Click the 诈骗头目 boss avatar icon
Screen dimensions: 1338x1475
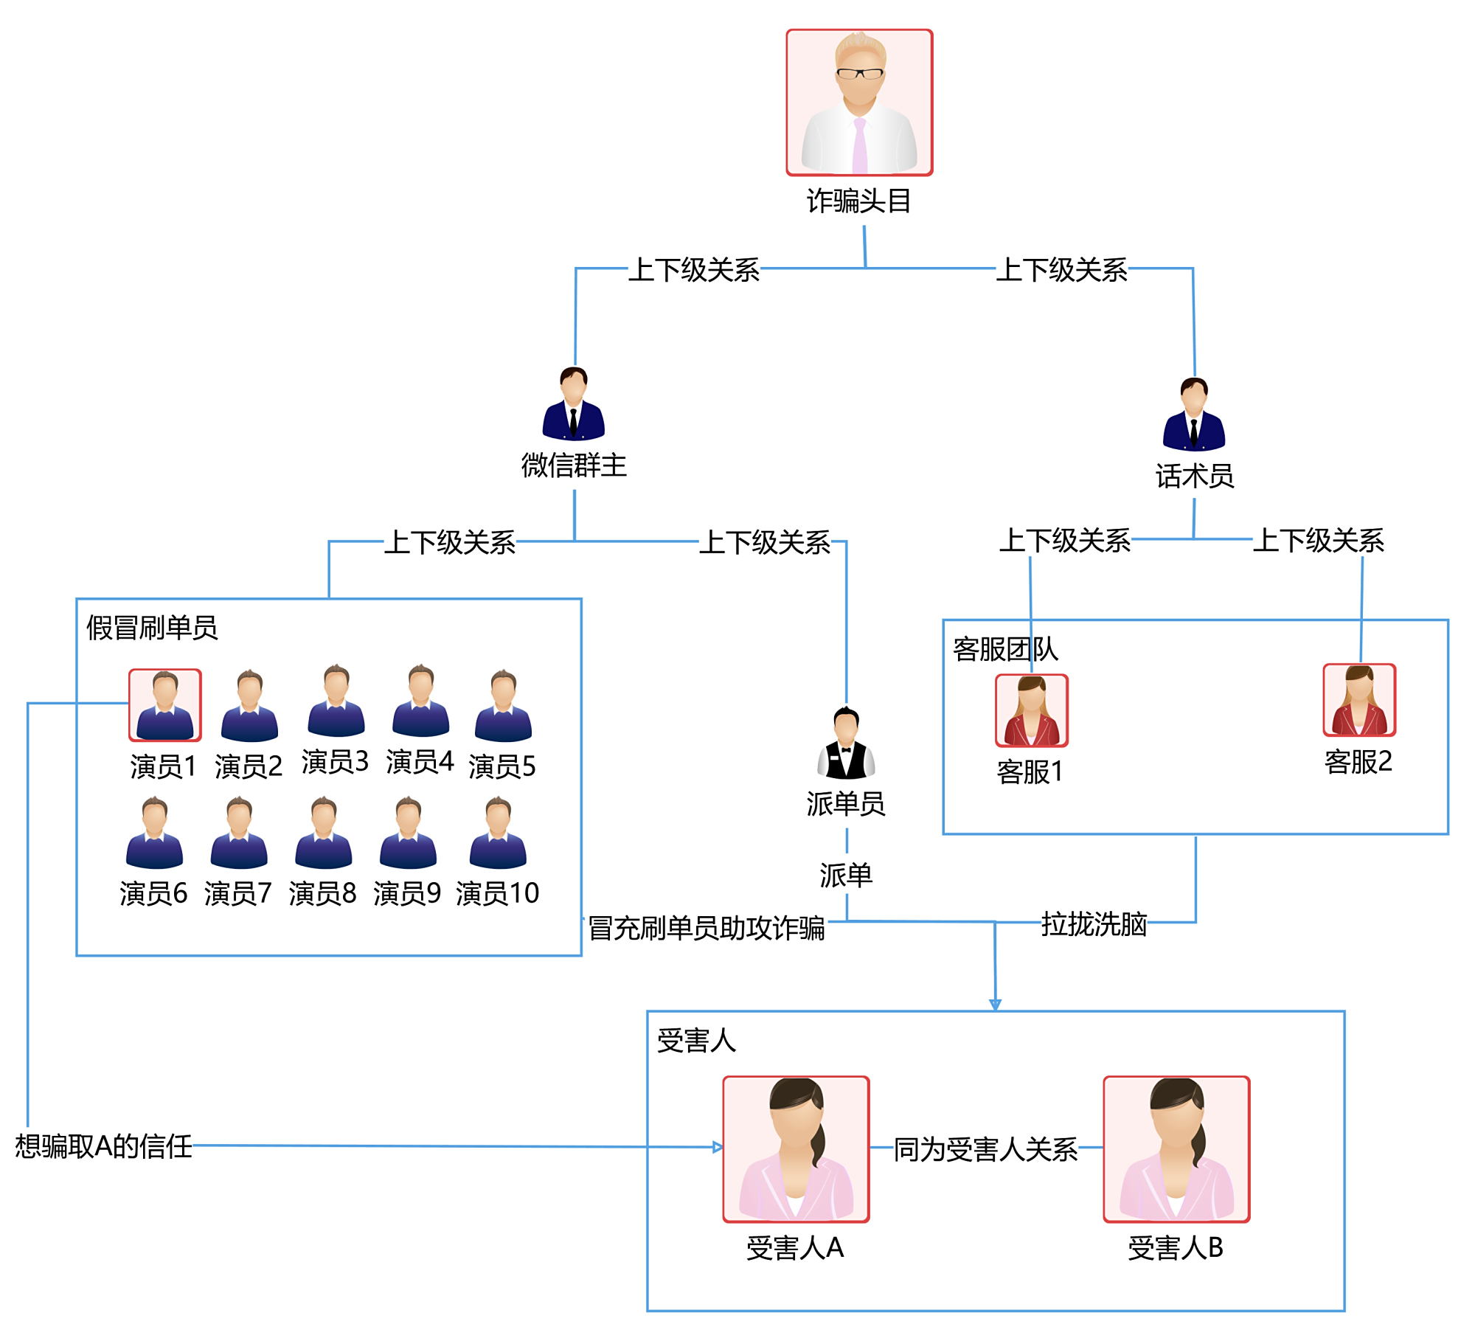(x=859, y=103)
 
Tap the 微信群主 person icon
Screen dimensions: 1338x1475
(x=574, y=404)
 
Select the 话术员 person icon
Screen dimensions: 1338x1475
(x=1194, y=415)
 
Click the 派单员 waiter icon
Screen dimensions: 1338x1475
(x=846, y=743)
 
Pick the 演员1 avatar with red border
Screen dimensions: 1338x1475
(x=165, y=705)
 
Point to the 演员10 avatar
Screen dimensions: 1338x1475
(x=498, y=833)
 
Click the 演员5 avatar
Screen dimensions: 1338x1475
(x=503, y=706)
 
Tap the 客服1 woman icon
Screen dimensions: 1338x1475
(x=1032, y=711)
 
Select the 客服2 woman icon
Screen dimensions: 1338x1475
(x=1359, y=701)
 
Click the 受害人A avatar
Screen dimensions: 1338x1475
(x=796, y=1148)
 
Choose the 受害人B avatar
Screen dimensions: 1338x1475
(x=1176, y=1148)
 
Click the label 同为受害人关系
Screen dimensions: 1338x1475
(x=986, y=1149)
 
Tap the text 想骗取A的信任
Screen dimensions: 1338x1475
(x=103, y=1146)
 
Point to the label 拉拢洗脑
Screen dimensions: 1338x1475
(x=1094, y=923)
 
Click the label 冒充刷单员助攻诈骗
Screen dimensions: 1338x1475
(x=706, y=927)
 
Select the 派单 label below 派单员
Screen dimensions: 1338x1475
(x=846, y=875)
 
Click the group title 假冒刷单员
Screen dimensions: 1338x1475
(x=152, y=628)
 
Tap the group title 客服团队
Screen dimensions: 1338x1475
(x=1005, y=649)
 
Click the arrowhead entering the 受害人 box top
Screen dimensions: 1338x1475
(x=995, y=1005)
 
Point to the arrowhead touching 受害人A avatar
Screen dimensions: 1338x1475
(x=718, y=1147)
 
